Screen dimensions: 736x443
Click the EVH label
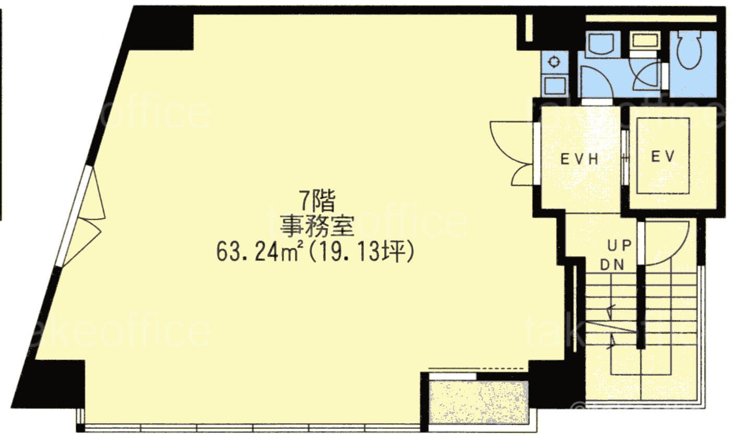point(579,159)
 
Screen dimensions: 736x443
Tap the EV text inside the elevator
point(663,156)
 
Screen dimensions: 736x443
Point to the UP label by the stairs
point(620,245)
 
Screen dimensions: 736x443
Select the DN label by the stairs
point(612,265)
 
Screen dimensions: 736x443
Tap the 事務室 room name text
point(317,226)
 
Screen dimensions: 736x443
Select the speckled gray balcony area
point(478,402)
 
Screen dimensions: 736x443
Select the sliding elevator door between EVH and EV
point(625,158)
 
